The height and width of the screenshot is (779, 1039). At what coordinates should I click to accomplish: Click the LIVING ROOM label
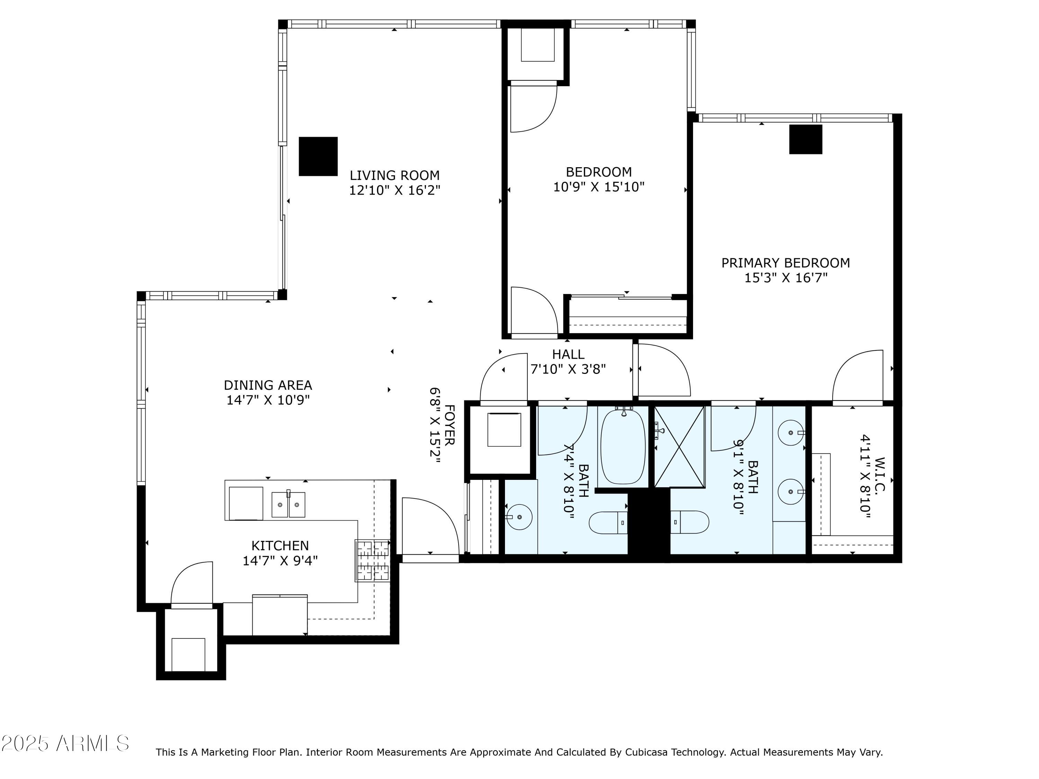coord(394,175)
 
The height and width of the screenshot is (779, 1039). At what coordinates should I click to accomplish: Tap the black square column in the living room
coord(318,156)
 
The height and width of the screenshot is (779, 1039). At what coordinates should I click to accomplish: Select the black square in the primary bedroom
coord(805,140)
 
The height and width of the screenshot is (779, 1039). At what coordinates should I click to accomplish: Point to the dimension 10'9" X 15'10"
coord(598,187)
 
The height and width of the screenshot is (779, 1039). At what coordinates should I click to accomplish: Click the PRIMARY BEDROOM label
coord(785,263)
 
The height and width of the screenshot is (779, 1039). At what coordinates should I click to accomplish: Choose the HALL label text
coord(568,354)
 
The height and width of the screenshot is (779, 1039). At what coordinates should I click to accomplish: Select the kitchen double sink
coord(288,504)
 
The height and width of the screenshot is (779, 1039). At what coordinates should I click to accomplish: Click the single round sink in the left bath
coord(519,517)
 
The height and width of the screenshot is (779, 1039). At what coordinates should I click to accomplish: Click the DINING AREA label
coord(268,385)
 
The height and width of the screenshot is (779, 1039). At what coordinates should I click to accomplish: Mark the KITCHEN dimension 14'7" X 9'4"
coord(280,561)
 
